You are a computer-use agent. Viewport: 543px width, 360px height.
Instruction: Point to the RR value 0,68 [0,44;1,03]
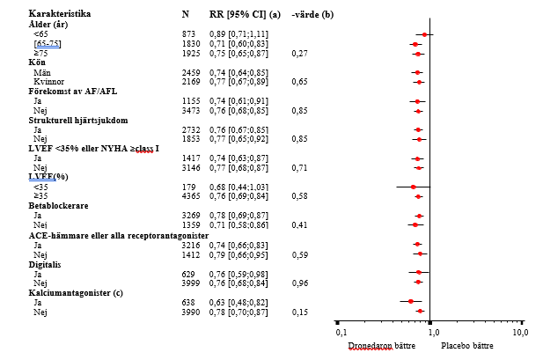coord(240,186)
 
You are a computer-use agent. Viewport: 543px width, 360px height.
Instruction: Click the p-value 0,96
coord(299,283)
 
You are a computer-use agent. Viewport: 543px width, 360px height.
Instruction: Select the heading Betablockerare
coord(58,205)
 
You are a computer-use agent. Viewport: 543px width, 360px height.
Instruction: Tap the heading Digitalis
coord(46,263)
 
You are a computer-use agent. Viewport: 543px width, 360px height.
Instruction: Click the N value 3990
coord(190,312)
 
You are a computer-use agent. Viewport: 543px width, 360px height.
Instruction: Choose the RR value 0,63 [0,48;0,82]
coord(240,302)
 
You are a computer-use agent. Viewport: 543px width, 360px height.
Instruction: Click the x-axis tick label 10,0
coord(520,333)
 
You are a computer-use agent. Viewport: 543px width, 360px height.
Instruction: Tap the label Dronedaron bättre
coord(384,345)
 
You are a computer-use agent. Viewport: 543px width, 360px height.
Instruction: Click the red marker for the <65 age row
coord(425,34)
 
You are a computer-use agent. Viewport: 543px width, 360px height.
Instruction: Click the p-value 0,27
coord(299,53)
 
